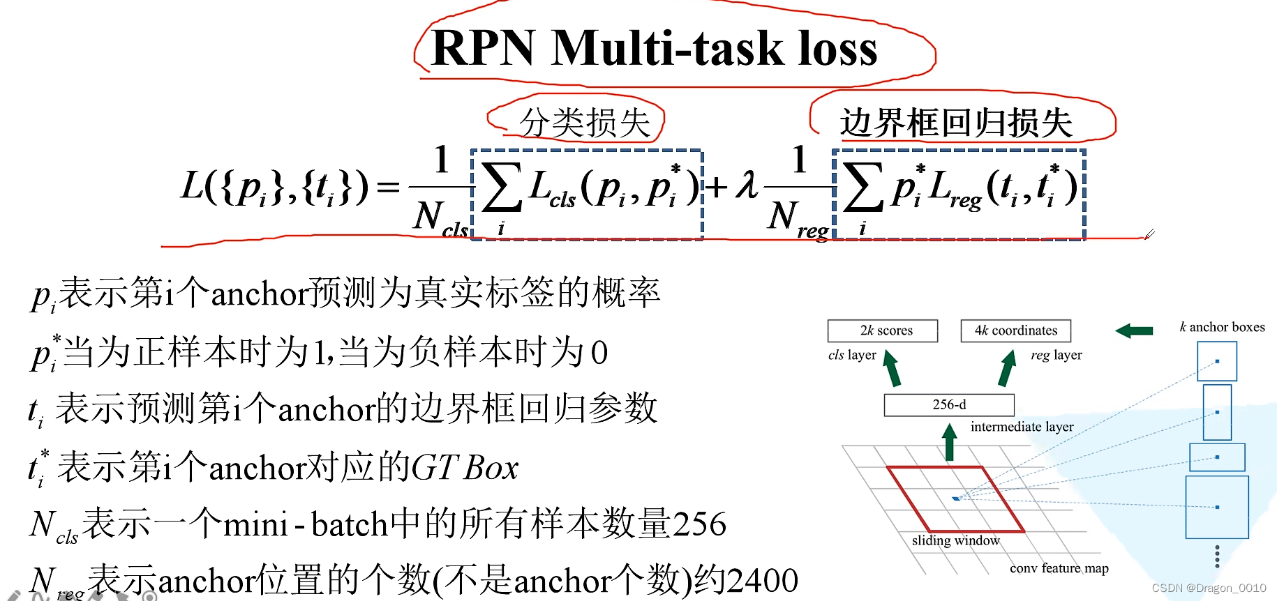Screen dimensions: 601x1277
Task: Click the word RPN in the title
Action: [483, 49]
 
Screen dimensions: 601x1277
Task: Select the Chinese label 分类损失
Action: [585, 123]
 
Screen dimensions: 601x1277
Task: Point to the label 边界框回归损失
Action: [956, 123]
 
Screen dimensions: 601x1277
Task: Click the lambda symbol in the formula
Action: [747, 185]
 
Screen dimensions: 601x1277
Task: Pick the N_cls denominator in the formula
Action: [440, 218]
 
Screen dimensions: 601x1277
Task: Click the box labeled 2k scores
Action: [883, 330]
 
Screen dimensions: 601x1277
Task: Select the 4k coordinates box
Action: [1015, 330]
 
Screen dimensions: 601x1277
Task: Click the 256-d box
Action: [949, 405]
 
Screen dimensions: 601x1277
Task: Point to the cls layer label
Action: [852, 355]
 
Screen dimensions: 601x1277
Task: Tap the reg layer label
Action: [1056, 355]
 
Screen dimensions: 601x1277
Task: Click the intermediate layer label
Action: [1022, 427]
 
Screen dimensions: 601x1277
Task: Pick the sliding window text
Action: [955, 540]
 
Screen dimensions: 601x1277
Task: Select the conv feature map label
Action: [1059, 568]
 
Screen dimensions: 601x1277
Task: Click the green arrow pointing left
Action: [1134, 330]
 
